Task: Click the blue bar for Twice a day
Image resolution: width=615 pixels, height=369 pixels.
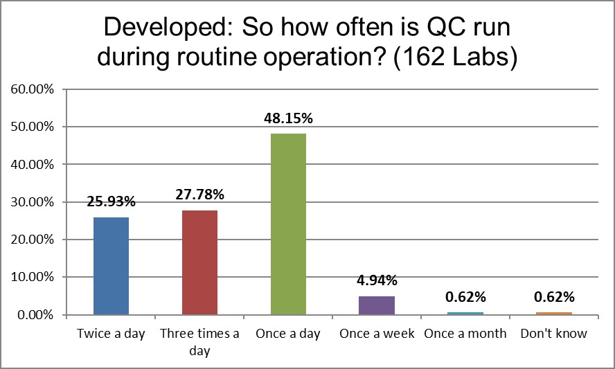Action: [x=111, y=266]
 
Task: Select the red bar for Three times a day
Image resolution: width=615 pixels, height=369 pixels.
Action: [x=199, y=262]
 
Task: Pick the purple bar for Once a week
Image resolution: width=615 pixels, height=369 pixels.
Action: [x=377, y=305]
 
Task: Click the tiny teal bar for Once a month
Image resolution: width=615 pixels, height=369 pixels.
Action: [x=466, y=313]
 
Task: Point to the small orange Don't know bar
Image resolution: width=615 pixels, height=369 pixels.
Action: [x=555, y=313]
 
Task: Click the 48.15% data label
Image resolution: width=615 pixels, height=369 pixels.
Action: [x=288, y=118]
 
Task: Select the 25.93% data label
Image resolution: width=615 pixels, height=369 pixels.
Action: [x=111, y=202]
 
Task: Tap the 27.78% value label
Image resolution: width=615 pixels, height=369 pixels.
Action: [x=199, y=195]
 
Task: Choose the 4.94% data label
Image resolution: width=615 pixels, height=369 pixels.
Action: [x=377, y=281]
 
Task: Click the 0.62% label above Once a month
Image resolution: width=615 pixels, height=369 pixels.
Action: [x=466, y=297]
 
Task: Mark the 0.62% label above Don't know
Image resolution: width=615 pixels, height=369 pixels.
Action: [x=555, y=297]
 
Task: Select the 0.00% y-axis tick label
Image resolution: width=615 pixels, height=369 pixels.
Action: [x=34, y=315]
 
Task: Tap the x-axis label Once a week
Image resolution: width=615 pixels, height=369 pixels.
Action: [x=377, y=334]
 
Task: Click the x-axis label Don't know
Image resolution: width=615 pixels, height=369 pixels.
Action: [x=555, y=334]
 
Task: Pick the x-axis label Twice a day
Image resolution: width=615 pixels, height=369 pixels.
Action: [x=111, y=334]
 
